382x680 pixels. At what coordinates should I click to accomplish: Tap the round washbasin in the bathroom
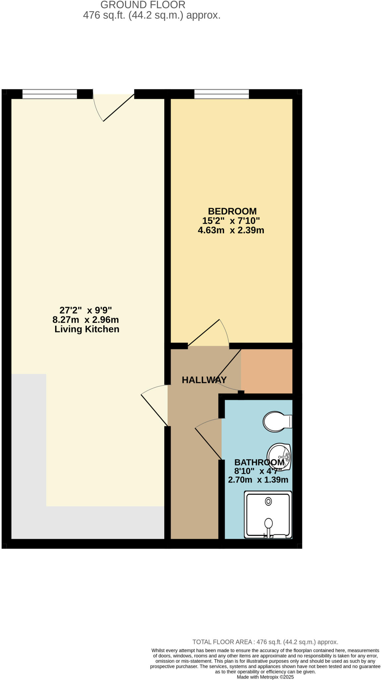(x=278, y=457)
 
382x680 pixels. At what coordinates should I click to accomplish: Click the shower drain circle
(x=268, y=501)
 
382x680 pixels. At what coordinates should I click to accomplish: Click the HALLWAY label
(x=204, y=380)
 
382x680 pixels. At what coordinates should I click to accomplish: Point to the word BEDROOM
(x=232, y=211)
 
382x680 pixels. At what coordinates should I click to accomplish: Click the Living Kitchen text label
(x=87, y=329)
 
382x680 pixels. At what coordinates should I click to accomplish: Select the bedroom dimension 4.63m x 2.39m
(x=231, y=230)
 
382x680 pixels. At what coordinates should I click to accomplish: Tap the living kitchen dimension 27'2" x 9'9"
(x=86, y=310)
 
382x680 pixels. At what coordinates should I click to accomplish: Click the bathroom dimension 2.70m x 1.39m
(x=258, y=479)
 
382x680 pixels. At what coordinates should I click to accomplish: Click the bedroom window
(x=221, y=94)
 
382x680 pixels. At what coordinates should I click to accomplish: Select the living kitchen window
(x=49, y=94)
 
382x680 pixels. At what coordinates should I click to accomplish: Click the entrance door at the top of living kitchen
(x=115, y=106)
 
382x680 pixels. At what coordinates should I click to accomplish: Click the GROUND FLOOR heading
(x=143, y=5)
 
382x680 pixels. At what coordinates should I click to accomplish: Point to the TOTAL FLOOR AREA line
(x=265, y=642)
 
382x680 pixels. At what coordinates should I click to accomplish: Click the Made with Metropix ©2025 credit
(x=265, y=677)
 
